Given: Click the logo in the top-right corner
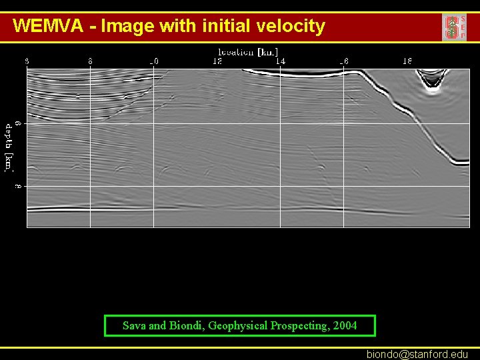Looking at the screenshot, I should coord(454,27).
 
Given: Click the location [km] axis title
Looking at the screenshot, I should coord(248,51).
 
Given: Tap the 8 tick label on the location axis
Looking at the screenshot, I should coord(90,61).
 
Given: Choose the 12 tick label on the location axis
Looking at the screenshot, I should coord(217,61).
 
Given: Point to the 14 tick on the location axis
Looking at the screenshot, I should coord(281,61).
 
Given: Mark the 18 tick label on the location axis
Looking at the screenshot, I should coord(407,61).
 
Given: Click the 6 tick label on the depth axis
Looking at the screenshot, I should coord(19,123).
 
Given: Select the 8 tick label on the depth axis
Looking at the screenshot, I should coord(19,186).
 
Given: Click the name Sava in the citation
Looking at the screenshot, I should coord(134,325).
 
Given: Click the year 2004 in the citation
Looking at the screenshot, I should coord(345,325).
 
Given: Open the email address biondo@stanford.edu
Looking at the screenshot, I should coord(417,355).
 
